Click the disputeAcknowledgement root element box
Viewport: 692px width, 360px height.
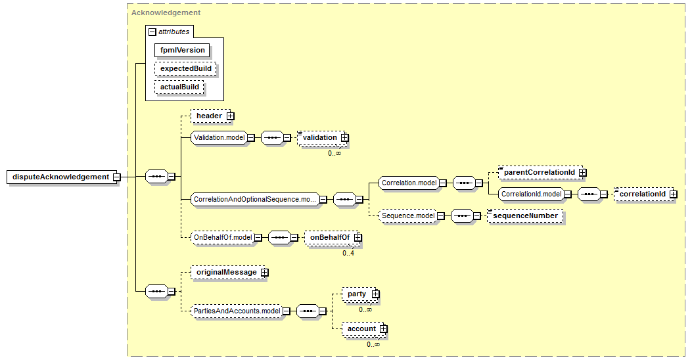pyautogui.click(x=60, y=177)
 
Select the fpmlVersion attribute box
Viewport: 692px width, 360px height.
pyautogui.click(x=183, y=50)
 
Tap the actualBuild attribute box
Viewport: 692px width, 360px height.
pyautogui.click(x=179, y=87)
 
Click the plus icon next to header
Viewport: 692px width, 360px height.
pyautogui.click(x=231, y=116)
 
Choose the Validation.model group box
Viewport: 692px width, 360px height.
pyautogui.click(x=219, y=138)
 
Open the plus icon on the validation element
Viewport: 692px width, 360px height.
pyautogui.click(x=344, y=137)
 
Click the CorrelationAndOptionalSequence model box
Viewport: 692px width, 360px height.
pyautogui.click(x=254, y=199)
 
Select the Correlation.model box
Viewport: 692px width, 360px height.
pyautogui.click(x=409, y=183)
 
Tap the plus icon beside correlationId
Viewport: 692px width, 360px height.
pyautogui.click(x=672, y=194)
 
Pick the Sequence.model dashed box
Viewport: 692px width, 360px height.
pyautogui.click(x=408, y=215)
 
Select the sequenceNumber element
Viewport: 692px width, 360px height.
pyautogui.click(x=526, y=215)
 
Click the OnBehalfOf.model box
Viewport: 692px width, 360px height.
pyautogui.click(x=221, y=237)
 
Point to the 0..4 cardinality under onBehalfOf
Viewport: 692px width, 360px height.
pyautogui.click(x=348, y=253)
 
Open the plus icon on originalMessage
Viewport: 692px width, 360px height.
pyautogui.click(x=264, y=272)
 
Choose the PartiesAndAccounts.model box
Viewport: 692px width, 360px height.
pyautogui.click(x=236, y=311)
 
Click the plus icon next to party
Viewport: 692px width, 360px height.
pyautogui.click(x=375, y=294)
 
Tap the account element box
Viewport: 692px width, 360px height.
pyautogui.click(x=361, y=328)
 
